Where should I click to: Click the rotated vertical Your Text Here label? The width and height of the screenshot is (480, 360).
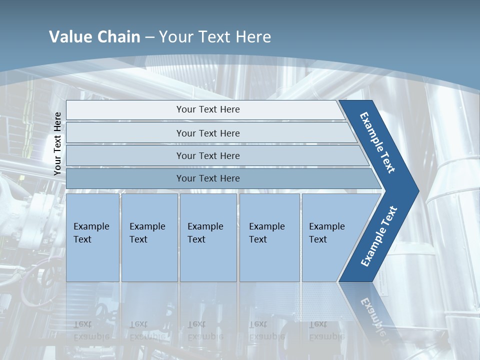[x=57, y=143]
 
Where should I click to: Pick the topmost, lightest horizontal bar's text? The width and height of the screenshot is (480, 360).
[x=208, y=109]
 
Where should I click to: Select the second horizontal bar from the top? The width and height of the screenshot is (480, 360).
[x=208, y=133]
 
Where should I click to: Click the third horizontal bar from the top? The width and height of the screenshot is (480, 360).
[x=208, y=155]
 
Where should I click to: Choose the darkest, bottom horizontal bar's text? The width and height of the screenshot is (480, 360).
[x=208, y=178]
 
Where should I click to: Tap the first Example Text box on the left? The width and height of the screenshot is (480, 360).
[x=91, y=233]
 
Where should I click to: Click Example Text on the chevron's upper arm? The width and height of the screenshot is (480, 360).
[x=378, y=142]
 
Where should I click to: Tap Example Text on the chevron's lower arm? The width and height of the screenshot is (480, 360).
[x=379, y=236]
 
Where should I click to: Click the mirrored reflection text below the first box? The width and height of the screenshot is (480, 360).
[x=91, y=330]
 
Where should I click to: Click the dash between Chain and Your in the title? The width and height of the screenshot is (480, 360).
[x=149, y=37]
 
